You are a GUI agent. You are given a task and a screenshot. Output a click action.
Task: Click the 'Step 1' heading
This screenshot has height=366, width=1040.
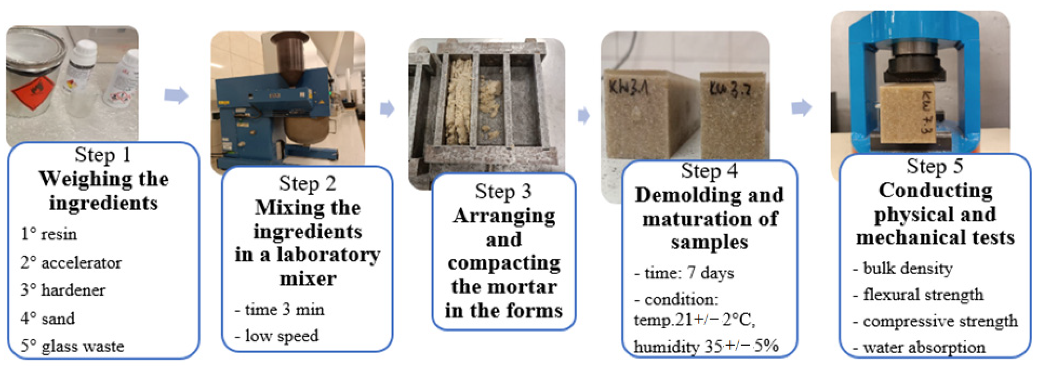(103, 155)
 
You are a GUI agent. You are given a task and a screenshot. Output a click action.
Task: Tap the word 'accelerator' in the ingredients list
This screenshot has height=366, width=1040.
(81, 263)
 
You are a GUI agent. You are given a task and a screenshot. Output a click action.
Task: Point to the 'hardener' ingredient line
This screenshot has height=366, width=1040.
(63, 290)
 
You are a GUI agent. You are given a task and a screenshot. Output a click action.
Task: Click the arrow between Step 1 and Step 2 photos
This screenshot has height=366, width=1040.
(176, 96)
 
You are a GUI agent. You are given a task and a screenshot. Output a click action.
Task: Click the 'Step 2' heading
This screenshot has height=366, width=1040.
(307, 184)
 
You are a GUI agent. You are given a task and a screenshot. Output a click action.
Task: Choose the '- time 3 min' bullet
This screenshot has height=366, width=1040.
(279, 310)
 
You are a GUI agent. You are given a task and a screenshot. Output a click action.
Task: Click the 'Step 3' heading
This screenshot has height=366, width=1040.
(503, 192)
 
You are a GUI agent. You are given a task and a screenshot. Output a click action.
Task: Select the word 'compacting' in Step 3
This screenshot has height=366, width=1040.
(504, 264)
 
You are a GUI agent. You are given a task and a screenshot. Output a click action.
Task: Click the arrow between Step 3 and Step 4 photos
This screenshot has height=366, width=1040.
(584, 116)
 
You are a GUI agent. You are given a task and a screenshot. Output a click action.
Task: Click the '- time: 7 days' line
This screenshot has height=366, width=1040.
(684, 273)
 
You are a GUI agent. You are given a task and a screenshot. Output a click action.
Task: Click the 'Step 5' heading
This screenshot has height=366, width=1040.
(935, 166)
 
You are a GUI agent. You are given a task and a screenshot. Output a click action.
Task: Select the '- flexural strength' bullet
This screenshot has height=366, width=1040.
(918, 295)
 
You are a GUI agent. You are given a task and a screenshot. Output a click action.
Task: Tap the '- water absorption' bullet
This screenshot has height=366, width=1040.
(919, 347)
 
